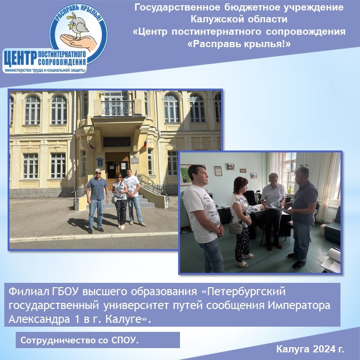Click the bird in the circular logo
[x=77, y=26]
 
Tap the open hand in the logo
[x=78, y=42]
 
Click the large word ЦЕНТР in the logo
[x=20, y=58]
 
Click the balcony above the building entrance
[x=118, y=108]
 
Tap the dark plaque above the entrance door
[x=117, y=141]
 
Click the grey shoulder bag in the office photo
[x=235, y=228]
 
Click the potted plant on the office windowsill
[x=290, y=190]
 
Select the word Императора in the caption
[x=299, y=305]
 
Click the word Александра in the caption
[x=39, y=319]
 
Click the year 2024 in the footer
[x=324, y=349]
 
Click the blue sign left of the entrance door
[x=100, y=162]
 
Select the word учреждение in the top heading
[x=314, y=7]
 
